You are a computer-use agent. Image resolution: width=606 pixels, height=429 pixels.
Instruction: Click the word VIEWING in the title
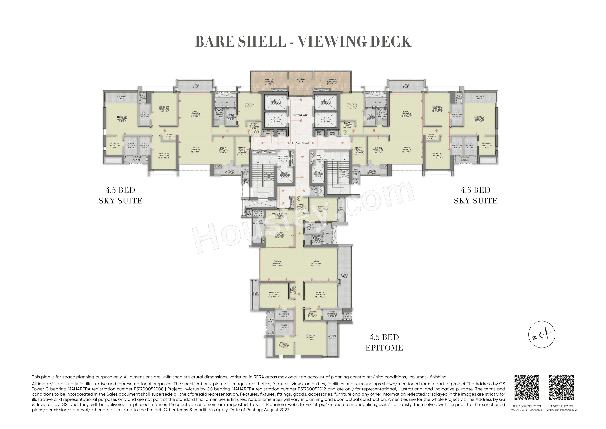coord(332,42)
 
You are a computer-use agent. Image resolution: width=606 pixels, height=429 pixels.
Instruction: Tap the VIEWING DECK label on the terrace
coord(301,80)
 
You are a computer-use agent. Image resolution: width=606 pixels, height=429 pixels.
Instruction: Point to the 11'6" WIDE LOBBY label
coord(300,115)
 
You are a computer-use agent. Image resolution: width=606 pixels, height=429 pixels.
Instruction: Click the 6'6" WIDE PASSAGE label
coord(301,143)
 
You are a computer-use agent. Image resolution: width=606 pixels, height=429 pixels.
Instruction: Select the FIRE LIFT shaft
coord(285,175)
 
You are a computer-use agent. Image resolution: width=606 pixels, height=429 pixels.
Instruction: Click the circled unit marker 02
coord(345,133)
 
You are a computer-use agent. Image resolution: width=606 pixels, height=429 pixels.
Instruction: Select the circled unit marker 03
coord(299,198)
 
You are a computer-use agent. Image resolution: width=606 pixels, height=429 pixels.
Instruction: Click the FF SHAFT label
coord(314,188)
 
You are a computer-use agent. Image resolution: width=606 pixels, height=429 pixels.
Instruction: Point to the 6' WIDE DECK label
coord(344,276)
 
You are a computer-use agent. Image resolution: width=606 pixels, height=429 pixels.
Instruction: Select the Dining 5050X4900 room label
coord(277,263)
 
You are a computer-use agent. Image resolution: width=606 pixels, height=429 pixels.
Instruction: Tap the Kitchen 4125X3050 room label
coord(279,235)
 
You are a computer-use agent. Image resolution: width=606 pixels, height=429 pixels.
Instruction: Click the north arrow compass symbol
coord(542,335)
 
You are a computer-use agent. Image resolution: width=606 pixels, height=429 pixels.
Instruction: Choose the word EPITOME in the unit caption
coord(384,348)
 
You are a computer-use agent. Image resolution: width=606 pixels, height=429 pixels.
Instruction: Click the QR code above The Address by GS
coord(527,388)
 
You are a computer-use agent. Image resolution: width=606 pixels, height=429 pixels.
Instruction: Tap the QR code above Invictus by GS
coord(561,388)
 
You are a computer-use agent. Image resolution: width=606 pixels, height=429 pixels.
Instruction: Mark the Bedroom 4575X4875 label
coord(310,337)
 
